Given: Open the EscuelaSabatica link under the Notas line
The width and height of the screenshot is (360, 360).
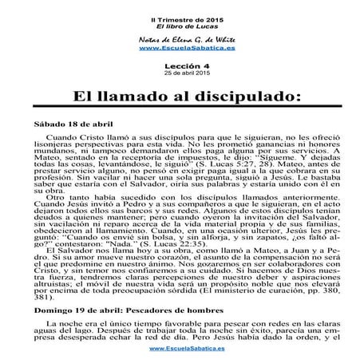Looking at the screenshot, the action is [180, 48].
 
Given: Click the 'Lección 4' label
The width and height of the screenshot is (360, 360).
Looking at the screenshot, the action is [180, 67].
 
